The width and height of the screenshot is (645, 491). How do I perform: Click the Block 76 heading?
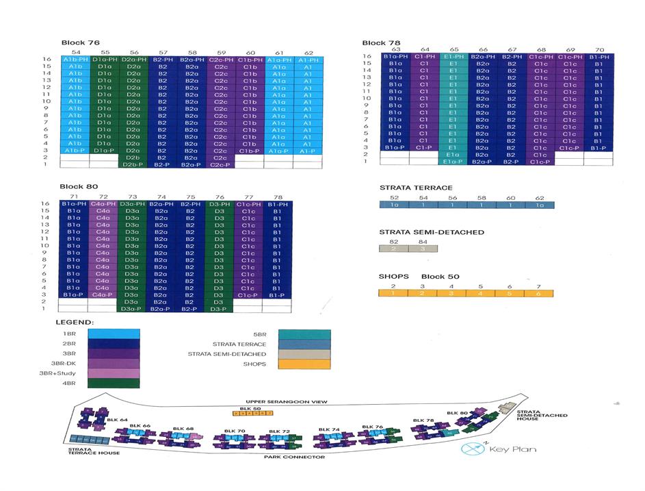tap(79, 42)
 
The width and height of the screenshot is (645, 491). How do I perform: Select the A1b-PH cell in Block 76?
tap(75, 60)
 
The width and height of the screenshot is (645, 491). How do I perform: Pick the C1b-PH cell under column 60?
tap(250, 60)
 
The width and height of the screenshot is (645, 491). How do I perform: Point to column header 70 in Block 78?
tap(599, 49)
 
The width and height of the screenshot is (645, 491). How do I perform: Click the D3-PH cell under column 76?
tap(219, 203)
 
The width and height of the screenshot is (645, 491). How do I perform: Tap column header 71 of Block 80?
tap(75, 197)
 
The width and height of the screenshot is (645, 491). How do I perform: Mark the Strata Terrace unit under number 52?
tap(394, 205)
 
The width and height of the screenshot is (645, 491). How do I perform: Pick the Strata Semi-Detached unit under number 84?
tap(422, 249)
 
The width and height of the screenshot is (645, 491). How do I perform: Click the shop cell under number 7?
tap(539, 293)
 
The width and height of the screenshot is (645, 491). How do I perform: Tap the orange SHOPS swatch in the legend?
tap(304, 364)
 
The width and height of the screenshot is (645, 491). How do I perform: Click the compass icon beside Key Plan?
tap(472, 450)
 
